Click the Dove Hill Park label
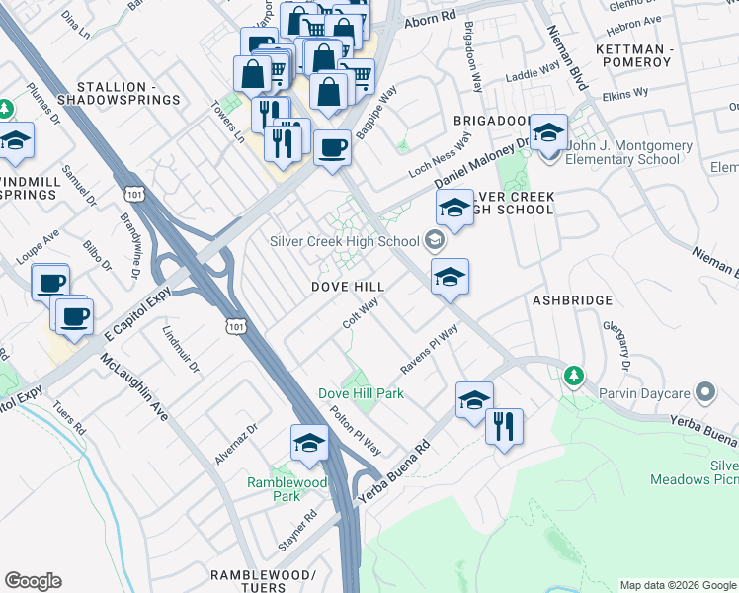(361, 393)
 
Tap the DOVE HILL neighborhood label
(348, 286)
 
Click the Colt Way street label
(361, 315)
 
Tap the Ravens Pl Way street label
(429, 352)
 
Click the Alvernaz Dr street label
(236, 444)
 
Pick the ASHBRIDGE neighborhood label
(573, 299)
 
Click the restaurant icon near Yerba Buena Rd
(504, 427)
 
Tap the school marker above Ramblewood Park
(309, 443)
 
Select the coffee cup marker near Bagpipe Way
(332, 148)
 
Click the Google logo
(33, 581)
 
